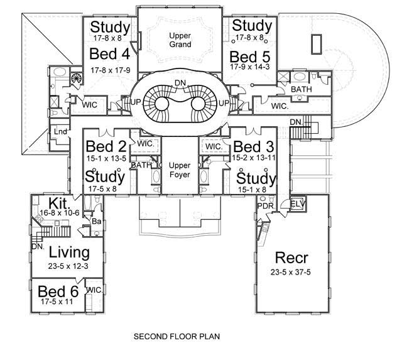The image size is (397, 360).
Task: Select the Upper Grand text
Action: (x=180, y=40)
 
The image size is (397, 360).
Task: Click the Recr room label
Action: (x=292, y=259)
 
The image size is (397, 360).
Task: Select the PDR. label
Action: (x=264, y=205)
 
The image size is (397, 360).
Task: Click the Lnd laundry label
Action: (x=60, y=131)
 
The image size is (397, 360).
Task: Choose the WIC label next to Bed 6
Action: (x=94, y=290)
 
